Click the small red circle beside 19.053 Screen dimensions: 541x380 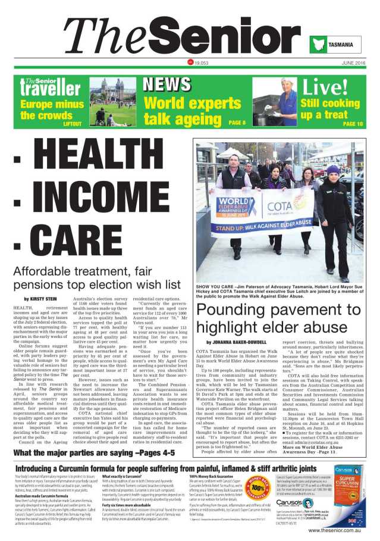click(x=190, y=62)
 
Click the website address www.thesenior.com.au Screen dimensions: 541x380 click(x=335, y=530)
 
